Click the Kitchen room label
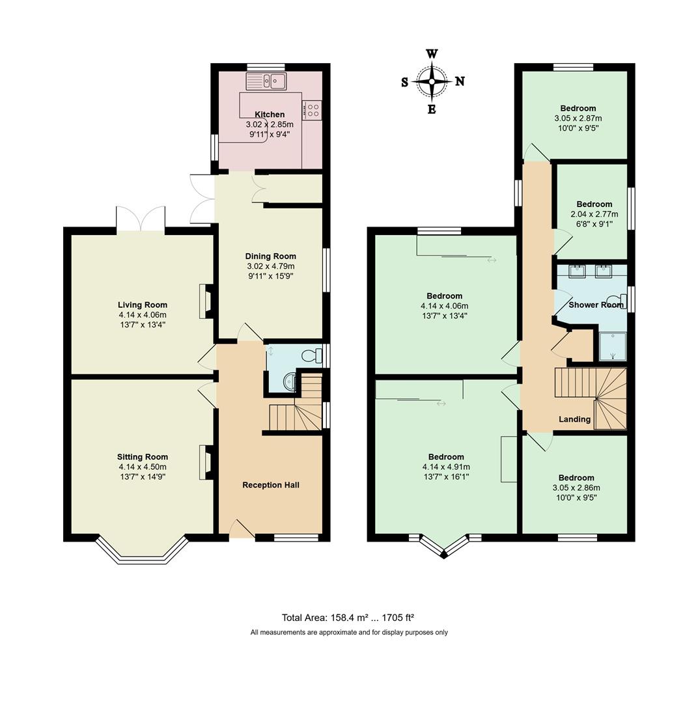(270, 115)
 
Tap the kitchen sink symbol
(266, 81)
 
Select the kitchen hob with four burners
(312, 110)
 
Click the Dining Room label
(270, 256)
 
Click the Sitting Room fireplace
(206, 462)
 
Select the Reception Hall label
(270, 485)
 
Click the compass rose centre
(432, 81)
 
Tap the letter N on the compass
(460, 81)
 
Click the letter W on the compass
(432, 54)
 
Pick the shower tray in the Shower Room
(612, 346)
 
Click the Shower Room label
(596, 305)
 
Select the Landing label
(574, 419)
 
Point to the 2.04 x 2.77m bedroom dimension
(594, 214)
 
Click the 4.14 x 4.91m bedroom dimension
(446, 467)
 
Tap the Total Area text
(348, 618)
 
